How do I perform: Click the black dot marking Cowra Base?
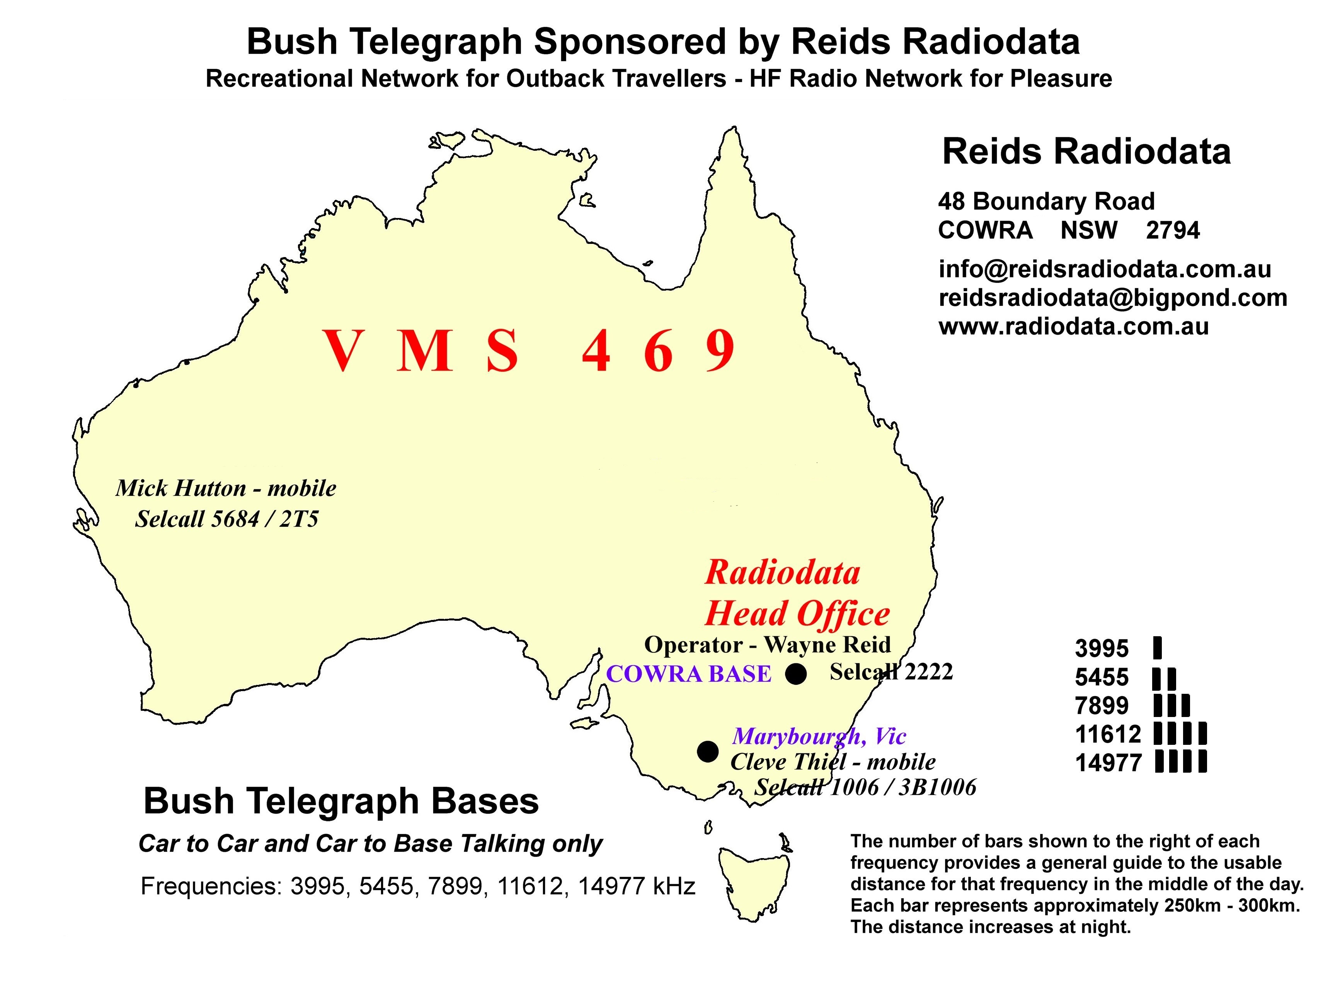(x=796, y=674)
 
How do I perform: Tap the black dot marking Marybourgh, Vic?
(x=707, y=751)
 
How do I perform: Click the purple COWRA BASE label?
(x=688, y=674)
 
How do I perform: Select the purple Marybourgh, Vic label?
(x=819, y=736)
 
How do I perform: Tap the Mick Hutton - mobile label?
(x=226, y=488)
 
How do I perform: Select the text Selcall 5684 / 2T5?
(x=227, y=519)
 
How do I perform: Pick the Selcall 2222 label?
(x=891, y=672)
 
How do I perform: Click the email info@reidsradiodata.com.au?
(x=1105, y=269)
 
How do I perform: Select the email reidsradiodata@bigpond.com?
(x=1113, y=298)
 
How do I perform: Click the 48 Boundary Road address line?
(x=1046, y=201)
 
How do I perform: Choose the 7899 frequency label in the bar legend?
(x=1102, y=706)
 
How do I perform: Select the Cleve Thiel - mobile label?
(x=833, y=762)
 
